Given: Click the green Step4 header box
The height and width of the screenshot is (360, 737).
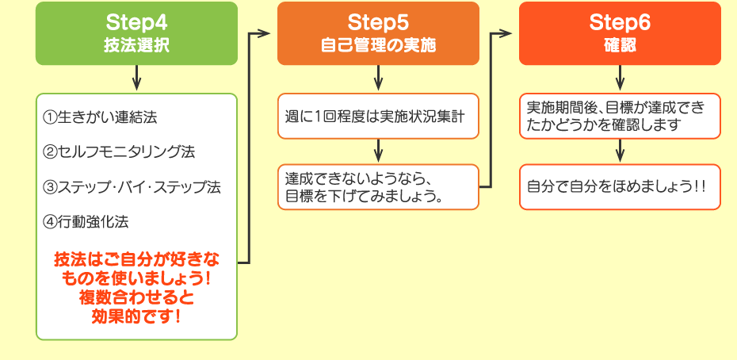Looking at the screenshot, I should [136, 33].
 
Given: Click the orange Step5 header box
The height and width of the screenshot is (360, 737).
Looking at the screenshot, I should [378, 33].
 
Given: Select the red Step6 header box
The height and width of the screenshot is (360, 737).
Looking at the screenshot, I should [620, 33].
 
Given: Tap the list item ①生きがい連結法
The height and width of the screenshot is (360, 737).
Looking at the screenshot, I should [101, 117].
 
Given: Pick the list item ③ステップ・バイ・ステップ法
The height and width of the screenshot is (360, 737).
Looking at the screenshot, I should [132, 187].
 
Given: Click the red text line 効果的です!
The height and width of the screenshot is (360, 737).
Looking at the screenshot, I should [136, 316].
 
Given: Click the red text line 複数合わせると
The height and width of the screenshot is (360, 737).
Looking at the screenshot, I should [136, 298].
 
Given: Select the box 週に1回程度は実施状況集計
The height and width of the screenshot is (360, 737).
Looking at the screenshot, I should [378, 116].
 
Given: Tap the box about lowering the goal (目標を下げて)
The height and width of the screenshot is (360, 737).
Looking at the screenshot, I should [378, 186].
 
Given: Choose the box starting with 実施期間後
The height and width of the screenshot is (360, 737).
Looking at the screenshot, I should [620, 116].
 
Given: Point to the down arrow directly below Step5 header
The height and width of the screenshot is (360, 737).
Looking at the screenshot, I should [378, 79].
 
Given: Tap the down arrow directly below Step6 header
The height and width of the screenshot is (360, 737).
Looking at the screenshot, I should [620, 79].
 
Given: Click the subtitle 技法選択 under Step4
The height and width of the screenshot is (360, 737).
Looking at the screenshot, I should [136, 45].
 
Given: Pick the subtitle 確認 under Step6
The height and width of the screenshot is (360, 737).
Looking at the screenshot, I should [620, 45].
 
